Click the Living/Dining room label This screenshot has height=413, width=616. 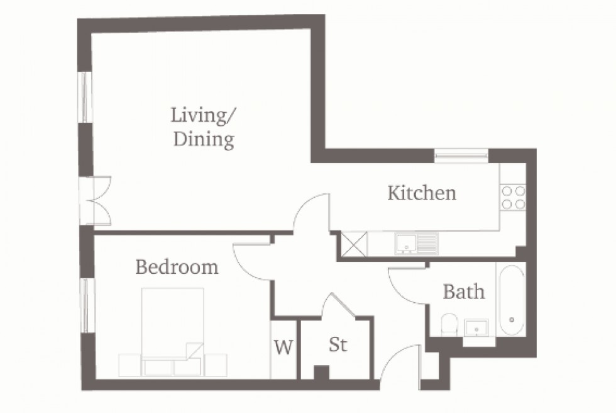click(x=203, y=128)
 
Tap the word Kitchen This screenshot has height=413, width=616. click(x=421, y=193)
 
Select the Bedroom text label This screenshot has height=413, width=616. click(x=177, y=267)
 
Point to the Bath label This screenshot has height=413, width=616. click(x=464, y=291)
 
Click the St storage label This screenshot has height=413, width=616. click(x=338, y=345)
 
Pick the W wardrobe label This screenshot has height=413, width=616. click(x=284, y=347)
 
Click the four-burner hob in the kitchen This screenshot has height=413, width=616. click(x=512, y=197)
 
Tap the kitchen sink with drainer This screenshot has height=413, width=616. click(x=415, y=242)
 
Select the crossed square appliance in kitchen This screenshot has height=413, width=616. click(x=353, y=244)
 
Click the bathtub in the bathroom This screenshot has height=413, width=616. click(x=512, y=300)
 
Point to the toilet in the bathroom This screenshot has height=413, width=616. click(x=449, y=324)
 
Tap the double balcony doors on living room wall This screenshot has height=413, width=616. click(x=98, y=200)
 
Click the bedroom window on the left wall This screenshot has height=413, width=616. click(x=86, y=305)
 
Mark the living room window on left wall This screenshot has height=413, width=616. click(x=85, y=96)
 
